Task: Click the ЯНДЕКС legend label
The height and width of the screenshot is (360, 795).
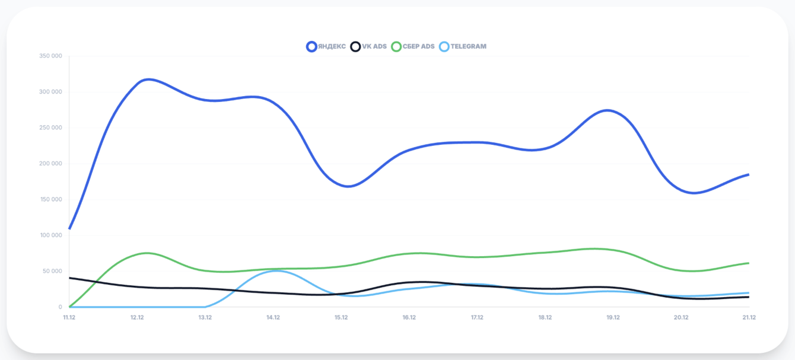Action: point(332,46)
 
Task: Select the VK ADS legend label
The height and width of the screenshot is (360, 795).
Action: point(374,46)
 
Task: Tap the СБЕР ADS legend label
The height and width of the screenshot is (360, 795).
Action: point(419,46)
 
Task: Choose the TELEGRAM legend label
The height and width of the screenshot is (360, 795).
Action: point(468,46)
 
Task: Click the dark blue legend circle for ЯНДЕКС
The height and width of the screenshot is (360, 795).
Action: point(311,46)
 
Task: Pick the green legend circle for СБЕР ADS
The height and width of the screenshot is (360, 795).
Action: point(396,46)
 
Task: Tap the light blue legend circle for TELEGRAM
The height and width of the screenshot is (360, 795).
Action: point(444,46)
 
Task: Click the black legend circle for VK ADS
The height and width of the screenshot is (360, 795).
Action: point(355,46)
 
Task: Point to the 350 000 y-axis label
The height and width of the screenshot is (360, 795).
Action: point(50,56)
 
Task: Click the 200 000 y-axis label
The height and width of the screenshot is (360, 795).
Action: point(50,164)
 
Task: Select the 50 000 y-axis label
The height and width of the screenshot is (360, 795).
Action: point(52,271)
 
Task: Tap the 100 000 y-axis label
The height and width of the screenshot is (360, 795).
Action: point(50,235)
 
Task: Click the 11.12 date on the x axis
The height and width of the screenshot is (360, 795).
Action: point(69,317)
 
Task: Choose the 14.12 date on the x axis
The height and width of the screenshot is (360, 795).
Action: point(273,317)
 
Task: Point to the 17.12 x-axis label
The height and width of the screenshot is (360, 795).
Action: point(477,317)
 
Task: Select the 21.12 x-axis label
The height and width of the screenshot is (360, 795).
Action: point(749,317)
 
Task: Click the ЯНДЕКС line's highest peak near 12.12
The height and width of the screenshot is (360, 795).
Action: point(148,79)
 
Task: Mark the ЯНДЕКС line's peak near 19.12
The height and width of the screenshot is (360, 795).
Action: point(608,110)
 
